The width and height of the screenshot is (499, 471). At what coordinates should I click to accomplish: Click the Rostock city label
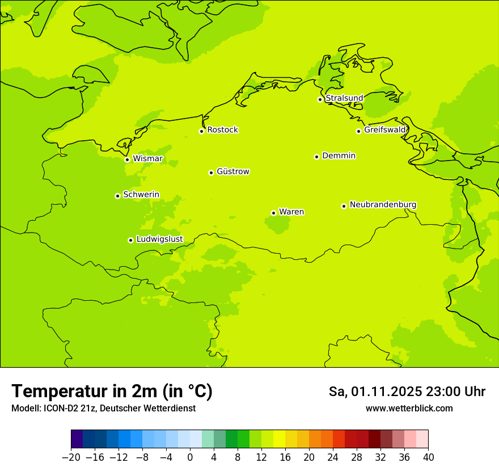click(222, 130)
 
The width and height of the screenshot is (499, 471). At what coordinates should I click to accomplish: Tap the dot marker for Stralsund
click(320, 99)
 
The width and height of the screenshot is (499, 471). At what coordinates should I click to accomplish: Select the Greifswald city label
click(385, 130)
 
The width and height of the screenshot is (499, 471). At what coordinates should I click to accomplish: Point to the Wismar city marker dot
click(127, 159)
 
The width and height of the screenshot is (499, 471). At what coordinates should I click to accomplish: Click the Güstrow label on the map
click(232, 171)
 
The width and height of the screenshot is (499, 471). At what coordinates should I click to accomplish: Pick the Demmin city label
click(339, 155)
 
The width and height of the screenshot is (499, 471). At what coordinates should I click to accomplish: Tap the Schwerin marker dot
click(117, 196)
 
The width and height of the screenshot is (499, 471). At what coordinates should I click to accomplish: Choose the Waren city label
click(291, 212)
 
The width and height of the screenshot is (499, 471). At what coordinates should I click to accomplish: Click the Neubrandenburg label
click(383, 204)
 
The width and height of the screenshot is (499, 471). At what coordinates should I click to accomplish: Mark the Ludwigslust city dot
click(130, 240)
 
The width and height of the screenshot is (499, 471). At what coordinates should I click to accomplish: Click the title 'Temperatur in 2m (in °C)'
click(112, 392)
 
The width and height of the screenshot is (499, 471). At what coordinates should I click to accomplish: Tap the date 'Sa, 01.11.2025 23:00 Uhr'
click(407, 392)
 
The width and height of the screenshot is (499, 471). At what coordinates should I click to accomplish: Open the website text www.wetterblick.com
click(409, 409)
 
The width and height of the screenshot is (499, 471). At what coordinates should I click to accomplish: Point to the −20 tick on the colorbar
click(71, 457)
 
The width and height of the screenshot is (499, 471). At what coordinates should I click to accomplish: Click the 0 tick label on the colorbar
click(190, 457)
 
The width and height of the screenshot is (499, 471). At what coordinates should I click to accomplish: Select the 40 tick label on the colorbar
click(428, 457)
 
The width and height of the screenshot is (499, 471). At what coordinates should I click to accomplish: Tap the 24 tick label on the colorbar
click(333, 457)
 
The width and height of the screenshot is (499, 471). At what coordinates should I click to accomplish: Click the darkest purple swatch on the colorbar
click(77, 439)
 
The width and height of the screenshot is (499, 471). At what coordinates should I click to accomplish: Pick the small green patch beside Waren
click(277, 225)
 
